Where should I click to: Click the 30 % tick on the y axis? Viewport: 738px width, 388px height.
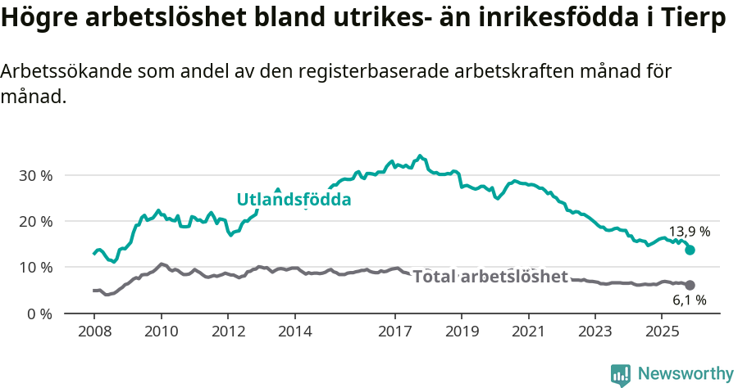34,175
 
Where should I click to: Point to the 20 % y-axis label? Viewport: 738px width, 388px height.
34,221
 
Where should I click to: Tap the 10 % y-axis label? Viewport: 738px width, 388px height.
34,267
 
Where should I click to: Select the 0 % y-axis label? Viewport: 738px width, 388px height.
39,314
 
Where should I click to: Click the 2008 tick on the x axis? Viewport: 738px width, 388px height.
93,332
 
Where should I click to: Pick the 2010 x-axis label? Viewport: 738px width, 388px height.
161,332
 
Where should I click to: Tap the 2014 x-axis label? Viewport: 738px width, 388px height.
294,332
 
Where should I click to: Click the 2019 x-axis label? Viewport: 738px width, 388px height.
461,332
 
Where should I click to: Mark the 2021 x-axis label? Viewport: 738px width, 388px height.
528,332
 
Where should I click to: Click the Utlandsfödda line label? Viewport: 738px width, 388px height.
294,200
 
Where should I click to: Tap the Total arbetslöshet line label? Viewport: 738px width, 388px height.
490,277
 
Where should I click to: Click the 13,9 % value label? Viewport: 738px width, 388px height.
689,232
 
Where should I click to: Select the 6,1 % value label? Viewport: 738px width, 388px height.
689,300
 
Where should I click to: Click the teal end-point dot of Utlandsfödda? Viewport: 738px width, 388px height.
690,250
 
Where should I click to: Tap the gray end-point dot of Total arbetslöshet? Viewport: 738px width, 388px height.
690,285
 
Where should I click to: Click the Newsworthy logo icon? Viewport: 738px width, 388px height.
621,374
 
